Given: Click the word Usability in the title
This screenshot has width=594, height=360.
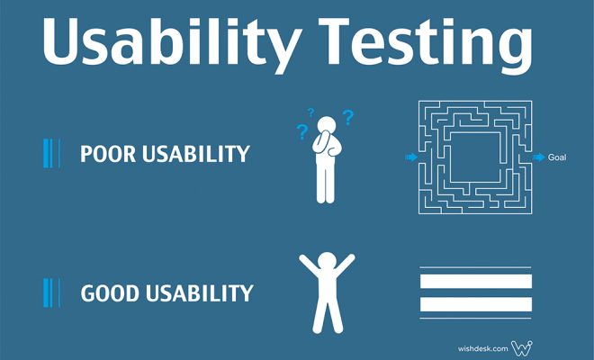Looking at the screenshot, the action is [169, 43].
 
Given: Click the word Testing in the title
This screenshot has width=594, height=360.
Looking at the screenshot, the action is [426, 43].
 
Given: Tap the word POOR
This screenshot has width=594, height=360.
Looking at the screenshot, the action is [108, 154].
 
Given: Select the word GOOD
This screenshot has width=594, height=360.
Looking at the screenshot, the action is [110, 293].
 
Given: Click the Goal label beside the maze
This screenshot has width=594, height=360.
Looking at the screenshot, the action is [557, 157].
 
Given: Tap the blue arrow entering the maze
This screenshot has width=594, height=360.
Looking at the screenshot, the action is [411, 157].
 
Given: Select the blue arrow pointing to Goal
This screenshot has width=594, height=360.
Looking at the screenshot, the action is [539, 157].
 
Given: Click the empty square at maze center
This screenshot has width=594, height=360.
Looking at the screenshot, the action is [475, 157].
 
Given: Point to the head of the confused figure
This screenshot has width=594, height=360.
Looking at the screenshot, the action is [326, 125].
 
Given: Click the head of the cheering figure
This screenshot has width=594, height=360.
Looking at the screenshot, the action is [327, 262].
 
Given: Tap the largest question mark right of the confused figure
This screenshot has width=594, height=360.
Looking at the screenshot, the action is [348, 118].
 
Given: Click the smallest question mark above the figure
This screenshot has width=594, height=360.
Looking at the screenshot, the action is [311, 112].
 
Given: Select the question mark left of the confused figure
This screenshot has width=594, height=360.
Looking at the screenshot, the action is [301, 132].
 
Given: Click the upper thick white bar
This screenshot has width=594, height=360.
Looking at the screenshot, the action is [476, 282].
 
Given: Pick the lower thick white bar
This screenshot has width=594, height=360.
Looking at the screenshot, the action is [476, 304].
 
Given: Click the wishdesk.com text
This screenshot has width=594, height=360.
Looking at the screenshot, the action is [482, 348].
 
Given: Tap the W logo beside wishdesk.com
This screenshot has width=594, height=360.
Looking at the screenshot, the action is [522, 348].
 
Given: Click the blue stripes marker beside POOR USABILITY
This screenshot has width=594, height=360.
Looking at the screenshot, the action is [52, 154].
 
